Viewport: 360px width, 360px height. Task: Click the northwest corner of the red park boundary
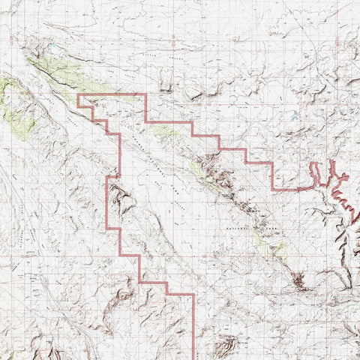tap(79, 95)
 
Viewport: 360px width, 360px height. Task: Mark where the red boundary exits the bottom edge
tap(193, 358)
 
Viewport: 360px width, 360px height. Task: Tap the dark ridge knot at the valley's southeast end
tap(300, 283)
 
